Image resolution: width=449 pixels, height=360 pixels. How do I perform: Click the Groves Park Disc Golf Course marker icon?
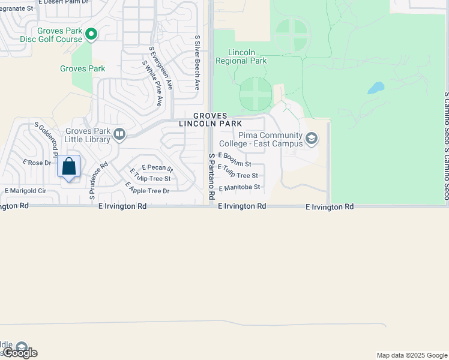point(91,35)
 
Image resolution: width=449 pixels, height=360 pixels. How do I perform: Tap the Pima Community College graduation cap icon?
point(311,139)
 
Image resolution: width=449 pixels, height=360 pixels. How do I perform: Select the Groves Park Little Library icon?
point(119,134)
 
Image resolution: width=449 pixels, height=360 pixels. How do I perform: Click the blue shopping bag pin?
point(69,167)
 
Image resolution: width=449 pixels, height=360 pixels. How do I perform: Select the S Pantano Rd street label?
point(211,176)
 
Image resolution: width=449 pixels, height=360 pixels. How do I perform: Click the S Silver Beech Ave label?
point(197,62)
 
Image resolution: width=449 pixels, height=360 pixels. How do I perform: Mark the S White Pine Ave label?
point(152,83)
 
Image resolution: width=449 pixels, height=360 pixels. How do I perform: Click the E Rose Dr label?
point(37,163)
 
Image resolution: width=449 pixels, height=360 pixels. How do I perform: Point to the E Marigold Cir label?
point(25,191)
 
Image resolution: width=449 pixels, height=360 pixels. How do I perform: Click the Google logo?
point(20,353)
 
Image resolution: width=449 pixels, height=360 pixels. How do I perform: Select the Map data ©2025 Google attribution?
point(411,355)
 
